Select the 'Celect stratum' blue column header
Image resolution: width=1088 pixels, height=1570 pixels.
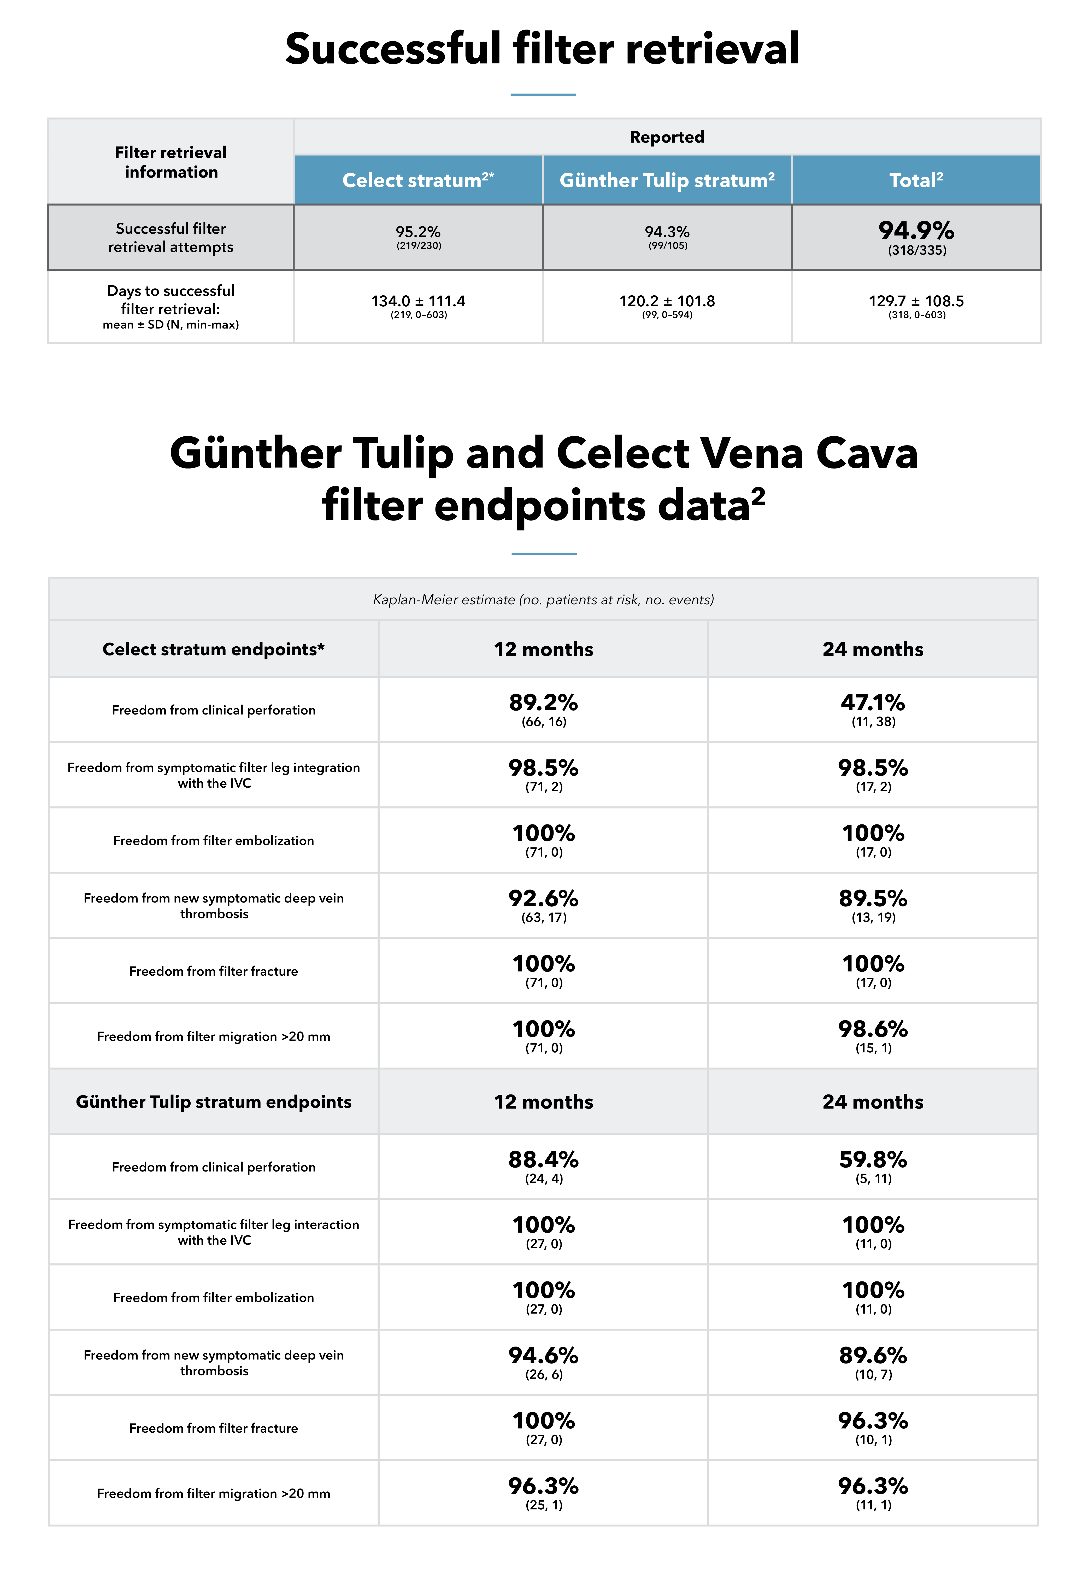tap(418, 180)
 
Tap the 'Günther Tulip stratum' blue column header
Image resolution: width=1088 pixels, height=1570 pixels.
tap(667, 180)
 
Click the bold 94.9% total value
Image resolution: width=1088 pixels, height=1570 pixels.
tap(916, 230)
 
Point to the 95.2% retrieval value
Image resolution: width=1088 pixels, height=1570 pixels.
tap(418, 232)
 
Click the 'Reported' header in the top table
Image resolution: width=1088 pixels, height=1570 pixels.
tap(667, 137)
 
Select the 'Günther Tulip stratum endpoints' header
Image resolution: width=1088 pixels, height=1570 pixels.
tap(213, 1102)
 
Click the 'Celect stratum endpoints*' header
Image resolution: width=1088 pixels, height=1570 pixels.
tap(213, 649)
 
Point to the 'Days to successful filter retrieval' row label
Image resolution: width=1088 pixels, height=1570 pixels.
tap(170, 300)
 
